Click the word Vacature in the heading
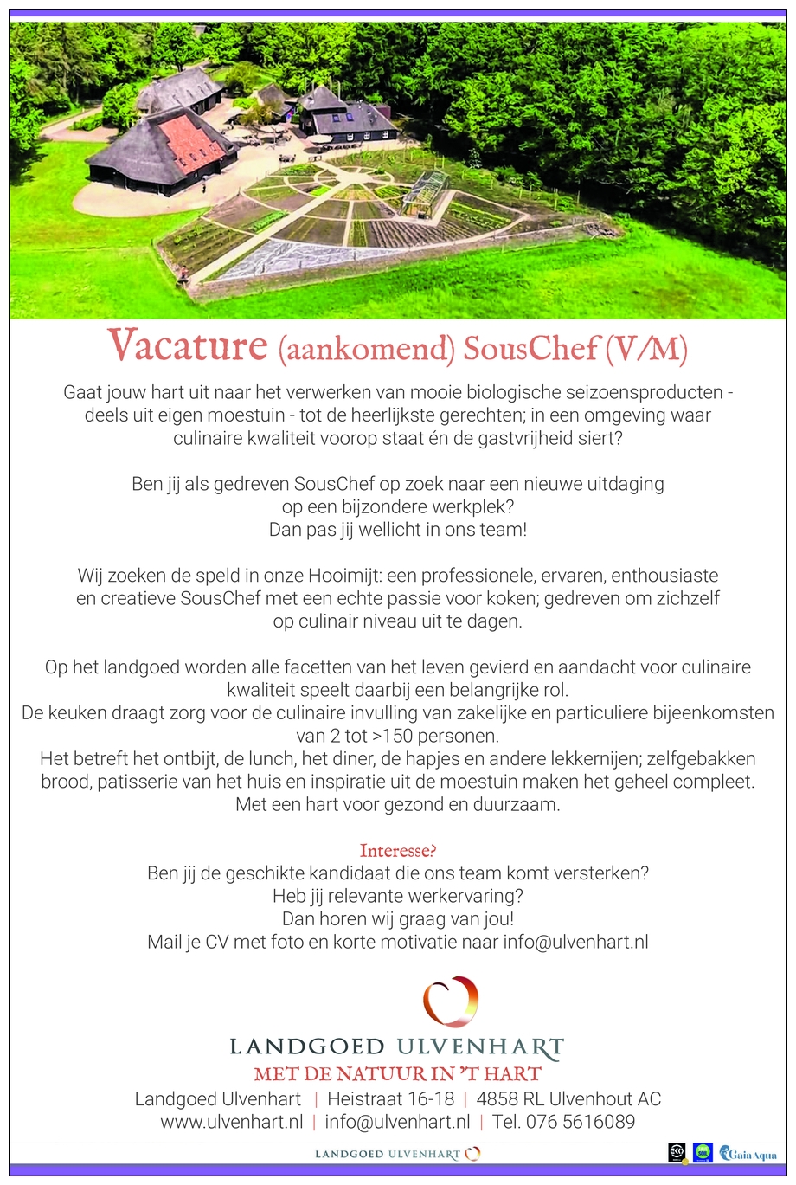point(187,345)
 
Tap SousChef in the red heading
point(530,348)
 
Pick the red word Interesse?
point(398,850)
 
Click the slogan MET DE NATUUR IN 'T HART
point(398,1074)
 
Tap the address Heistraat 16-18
point(390,1099)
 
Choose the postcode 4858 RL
point(509,1099)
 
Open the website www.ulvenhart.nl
point(231,1122)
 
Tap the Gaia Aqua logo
point(748,1154)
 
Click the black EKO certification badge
point(677,1152)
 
